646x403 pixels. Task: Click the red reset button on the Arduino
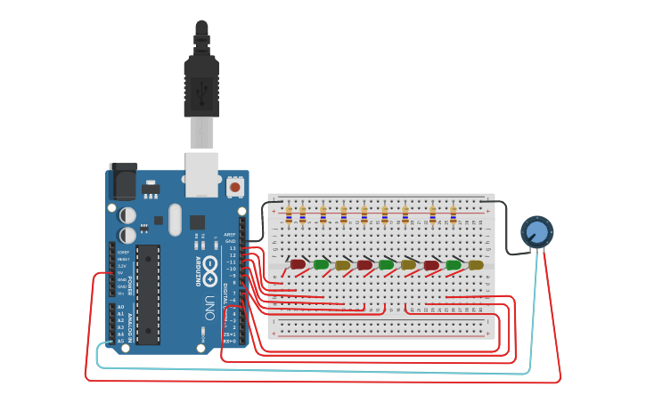[234, 187]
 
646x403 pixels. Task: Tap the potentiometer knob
[536, 232]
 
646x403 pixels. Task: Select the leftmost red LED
[298, 264]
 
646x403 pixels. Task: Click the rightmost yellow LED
[476, 264]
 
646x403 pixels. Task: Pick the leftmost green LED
[321, 264]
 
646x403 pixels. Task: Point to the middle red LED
[364, 264]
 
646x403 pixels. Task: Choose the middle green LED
[386, 264]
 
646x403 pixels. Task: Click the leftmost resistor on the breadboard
[289, 214]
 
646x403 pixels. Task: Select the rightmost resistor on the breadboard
[453, 214]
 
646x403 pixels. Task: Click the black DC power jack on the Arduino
[123, 182]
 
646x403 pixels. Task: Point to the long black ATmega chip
[148, 294]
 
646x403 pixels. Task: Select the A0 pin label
[120, 307]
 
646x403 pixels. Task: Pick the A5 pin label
[120, 341]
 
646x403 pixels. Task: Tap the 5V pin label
[122, 272]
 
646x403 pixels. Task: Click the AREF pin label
[230, 235]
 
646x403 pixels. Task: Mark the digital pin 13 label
[233, 248]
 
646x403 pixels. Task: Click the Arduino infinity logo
[211, 265]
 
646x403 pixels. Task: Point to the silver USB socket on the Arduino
[201, 173]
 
